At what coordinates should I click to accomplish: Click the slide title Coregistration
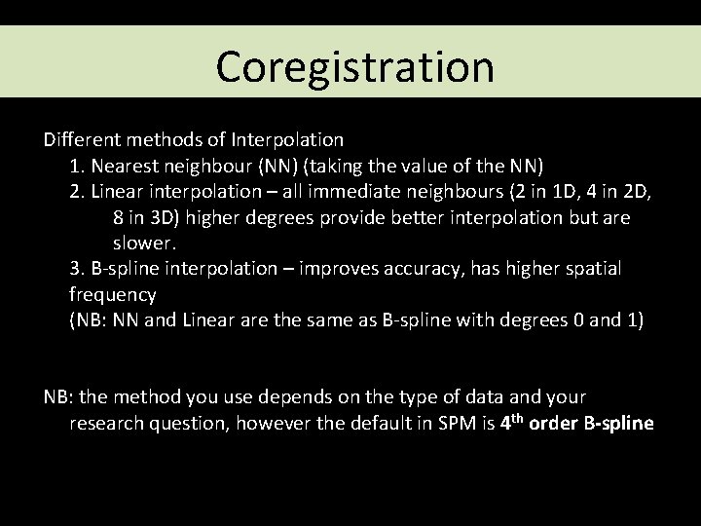click(x=354, y=67)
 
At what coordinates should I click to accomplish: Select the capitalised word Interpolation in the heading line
click(x=290, y=139)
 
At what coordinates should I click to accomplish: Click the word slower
click(x=144, y=242)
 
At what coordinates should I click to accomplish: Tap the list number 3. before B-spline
click(x=77, y=268)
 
